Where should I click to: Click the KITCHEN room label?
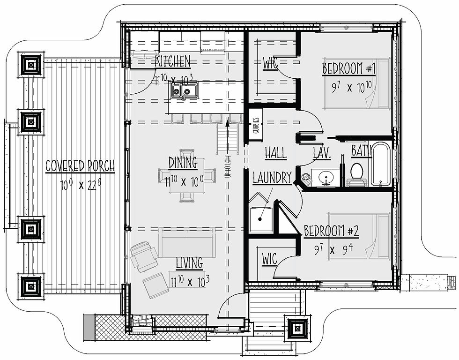(173, 61)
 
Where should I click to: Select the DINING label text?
(183, 163)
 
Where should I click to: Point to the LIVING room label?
(189, 263)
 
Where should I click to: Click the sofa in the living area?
(187, 242)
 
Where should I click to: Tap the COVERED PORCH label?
(80, 166)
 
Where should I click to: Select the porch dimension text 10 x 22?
(81, 185)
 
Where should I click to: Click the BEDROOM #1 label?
(349, 69)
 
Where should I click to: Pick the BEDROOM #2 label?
(332, 231)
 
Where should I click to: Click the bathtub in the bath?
(381, 165)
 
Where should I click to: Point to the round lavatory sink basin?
(325, 177)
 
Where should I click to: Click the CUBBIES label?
(256, 125)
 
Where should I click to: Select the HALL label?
(276, 153)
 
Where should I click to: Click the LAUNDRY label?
(272, 178)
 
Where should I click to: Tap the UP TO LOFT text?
(228, 167)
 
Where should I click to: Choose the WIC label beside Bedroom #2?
(270, 259)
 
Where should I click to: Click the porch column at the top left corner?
(31, 65)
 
